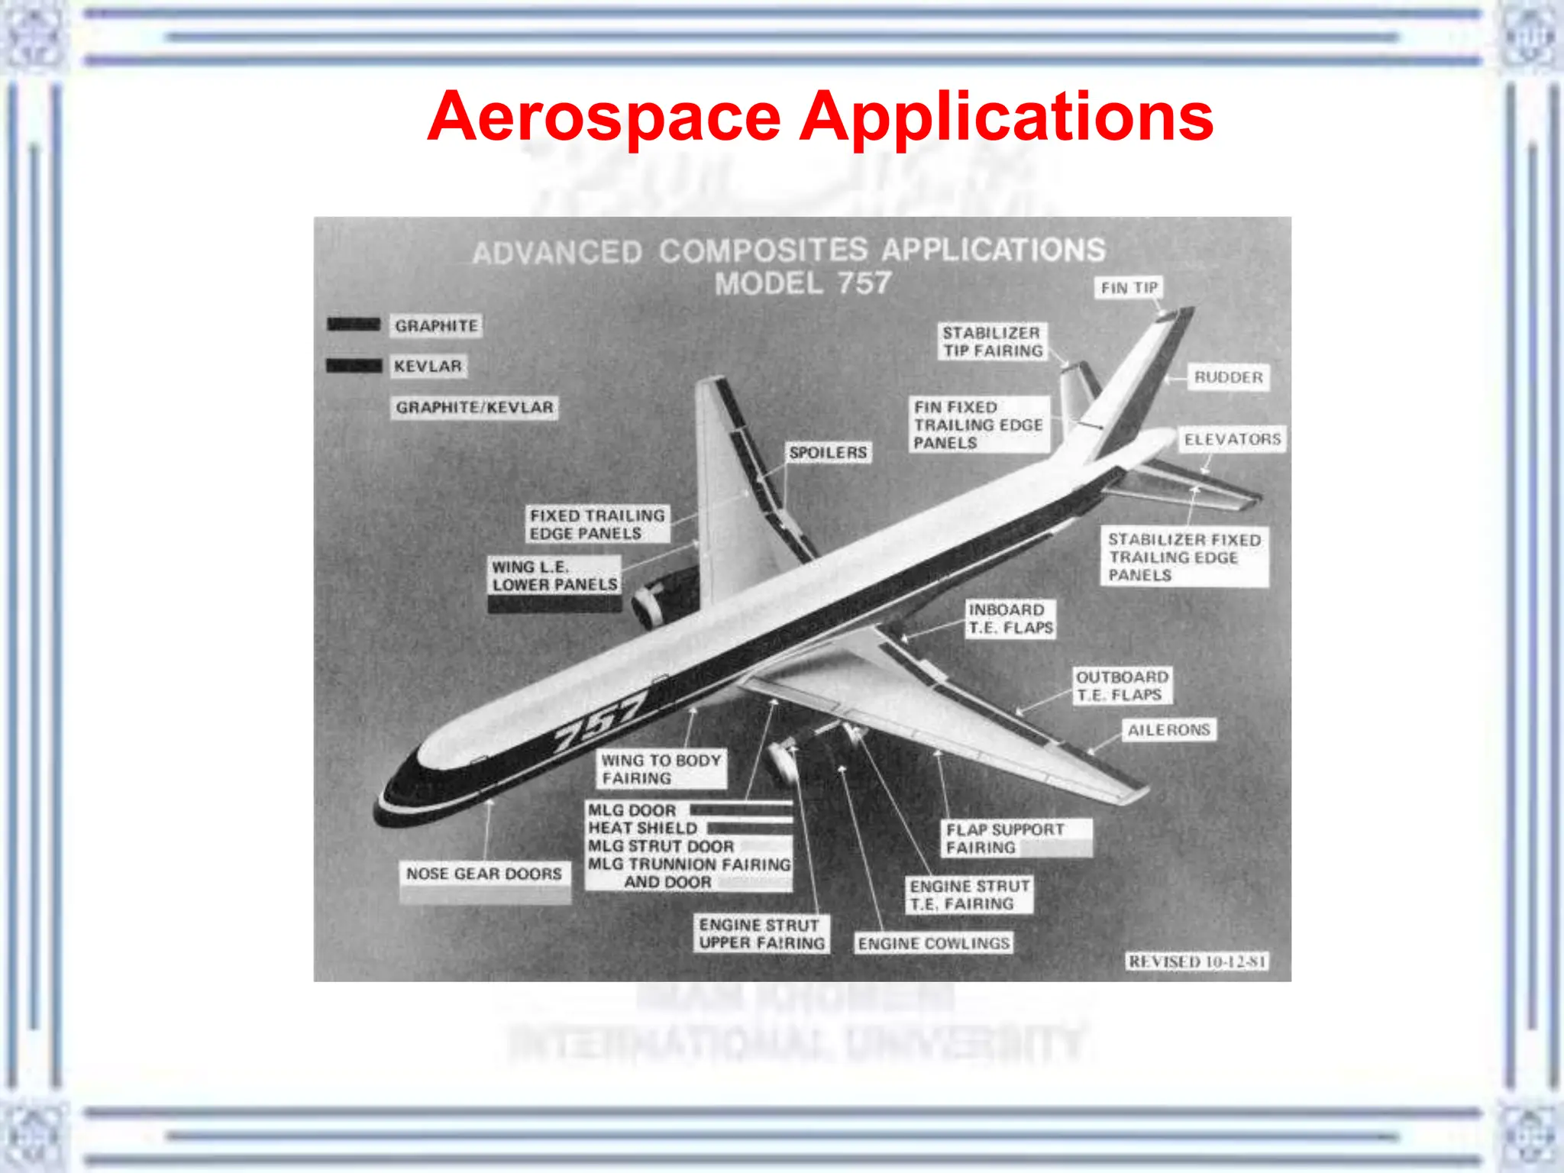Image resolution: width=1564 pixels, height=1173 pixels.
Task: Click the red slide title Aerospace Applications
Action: pos(820,117)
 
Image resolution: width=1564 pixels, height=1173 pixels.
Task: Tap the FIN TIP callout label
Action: pos(1129,288)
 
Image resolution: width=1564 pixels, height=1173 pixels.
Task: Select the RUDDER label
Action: pos(1228,377)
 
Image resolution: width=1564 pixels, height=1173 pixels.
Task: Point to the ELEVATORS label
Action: pos(1232,439)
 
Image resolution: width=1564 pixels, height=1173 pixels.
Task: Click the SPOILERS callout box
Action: pos(828,453)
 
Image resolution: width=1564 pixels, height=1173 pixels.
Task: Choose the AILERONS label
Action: pos(1168,730)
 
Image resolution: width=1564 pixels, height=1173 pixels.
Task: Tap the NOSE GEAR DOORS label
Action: pos(483,874)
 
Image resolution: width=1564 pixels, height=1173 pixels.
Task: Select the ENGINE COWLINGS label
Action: pos(933,944)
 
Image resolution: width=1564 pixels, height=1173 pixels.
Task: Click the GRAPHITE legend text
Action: pos(436,326)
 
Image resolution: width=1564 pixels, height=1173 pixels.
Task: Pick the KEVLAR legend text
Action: pos(428,367)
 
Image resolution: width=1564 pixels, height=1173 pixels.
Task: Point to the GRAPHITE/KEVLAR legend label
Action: pos(474,407)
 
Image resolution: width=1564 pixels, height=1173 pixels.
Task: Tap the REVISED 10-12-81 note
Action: pos(1197,961)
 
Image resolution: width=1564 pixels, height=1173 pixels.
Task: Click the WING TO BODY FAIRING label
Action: pos(661,770)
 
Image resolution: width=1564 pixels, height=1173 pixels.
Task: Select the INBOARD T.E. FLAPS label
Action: pos(1010,619)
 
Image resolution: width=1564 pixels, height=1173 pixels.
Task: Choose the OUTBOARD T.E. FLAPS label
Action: pos(1121,686)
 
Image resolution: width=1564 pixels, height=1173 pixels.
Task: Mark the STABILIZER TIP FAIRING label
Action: pos(992,342)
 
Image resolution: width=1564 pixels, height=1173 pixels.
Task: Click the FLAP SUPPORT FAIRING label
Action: pos(1004,839)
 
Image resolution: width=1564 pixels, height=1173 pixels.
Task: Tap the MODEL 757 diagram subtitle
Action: pos(803,284)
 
